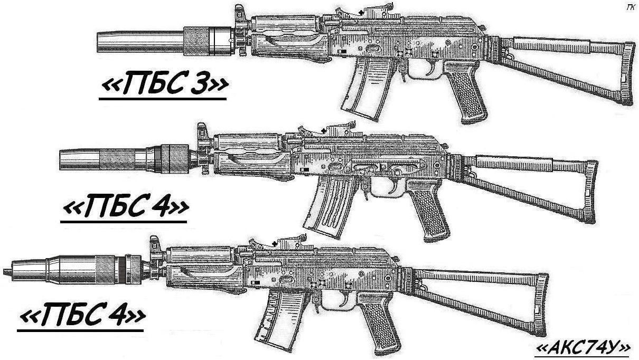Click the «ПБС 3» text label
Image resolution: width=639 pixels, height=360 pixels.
pyautogui.click(x=163, y=86)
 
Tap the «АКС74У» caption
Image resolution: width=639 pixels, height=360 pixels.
pyautogui.click(x=582, y=347)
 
